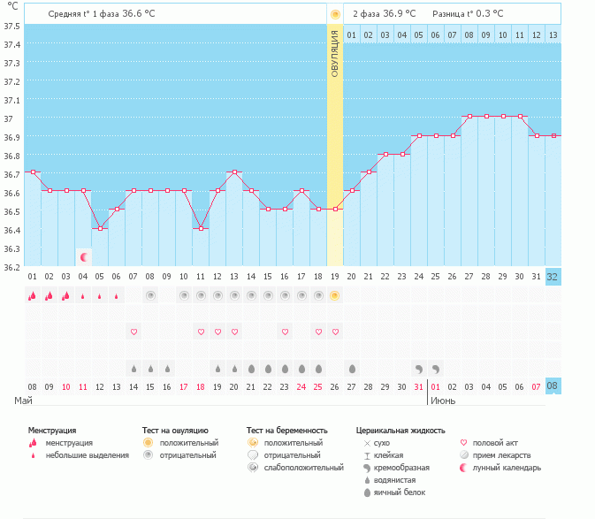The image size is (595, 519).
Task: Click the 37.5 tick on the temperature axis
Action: pos(12,26)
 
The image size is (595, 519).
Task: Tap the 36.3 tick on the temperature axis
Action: pos(12,248)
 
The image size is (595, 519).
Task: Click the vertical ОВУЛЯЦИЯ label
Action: pos(334,53)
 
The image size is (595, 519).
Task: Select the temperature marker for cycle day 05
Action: pos(100,228)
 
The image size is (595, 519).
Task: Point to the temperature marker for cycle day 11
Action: pos(201,228)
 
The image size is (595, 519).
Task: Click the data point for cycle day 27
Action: pos(469,116)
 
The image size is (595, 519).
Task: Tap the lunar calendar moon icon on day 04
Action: pos(84,257)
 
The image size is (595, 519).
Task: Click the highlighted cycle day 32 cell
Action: pos(553,277)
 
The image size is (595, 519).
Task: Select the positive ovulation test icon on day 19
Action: pos(334,295)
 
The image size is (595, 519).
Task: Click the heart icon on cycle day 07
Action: pos(133,332)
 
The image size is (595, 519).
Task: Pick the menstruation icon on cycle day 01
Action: pos(32,295)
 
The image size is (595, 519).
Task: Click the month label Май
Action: pos(25,401)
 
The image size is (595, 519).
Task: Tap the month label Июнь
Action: pos(444,401)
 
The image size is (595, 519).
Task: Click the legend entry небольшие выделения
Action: pos(88,455)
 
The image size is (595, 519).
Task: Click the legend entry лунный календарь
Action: pos(507,468)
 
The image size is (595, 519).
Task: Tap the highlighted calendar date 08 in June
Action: pos(553,386)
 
